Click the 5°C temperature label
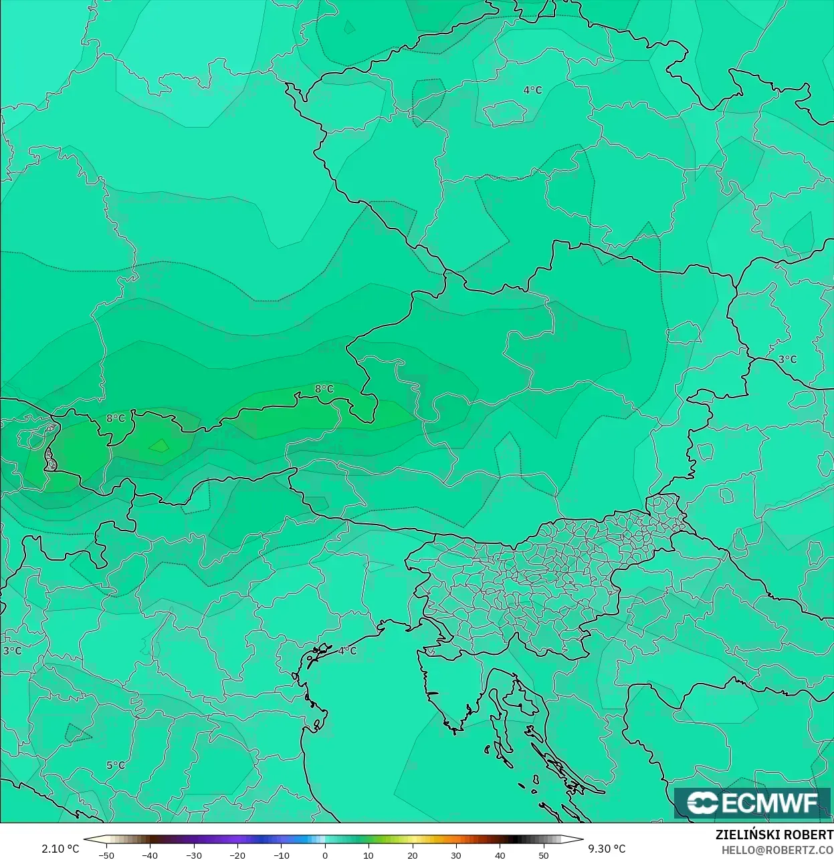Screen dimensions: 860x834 (116, 765)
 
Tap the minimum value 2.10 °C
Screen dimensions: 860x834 (60, 849)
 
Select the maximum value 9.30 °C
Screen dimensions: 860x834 (607, 849)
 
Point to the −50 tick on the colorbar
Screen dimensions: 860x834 (106, 855)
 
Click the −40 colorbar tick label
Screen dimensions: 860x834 (150, 855)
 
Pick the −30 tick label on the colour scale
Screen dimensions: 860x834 (193, 855)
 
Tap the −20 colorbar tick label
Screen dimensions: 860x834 (237, 855)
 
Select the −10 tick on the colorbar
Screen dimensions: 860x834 (282, 855)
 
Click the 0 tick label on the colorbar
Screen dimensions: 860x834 (325, 855)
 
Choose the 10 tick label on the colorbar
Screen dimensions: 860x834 (369, 855)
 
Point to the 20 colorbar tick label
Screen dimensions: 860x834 (412, 855)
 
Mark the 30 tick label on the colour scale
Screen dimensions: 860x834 (456, 855)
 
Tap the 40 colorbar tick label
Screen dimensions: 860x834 (500, 855)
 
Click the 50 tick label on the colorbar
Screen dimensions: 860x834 (543, 855)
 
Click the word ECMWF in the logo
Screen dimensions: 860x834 (770, 803)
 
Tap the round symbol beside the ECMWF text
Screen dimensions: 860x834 (702, 803)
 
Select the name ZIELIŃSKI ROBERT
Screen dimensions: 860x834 (774, 835)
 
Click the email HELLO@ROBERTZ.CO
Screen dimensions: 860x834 (777, 850)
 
